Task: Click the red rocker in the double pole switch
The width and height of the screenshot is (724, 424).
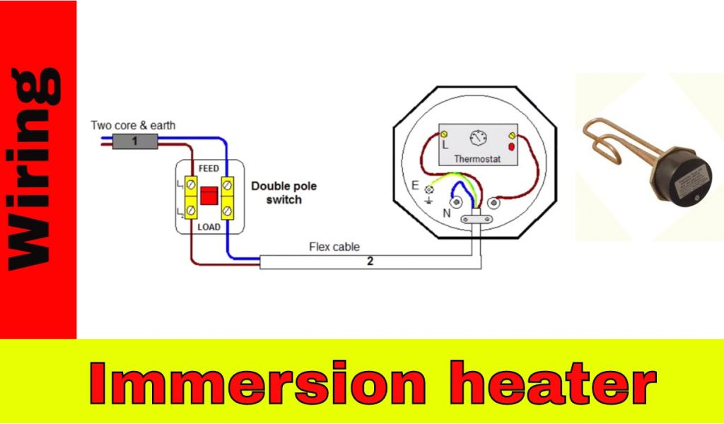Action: pyautogui.click(x=209, y=196)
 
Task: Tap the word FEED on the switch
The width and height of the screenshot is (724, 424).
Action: pyautogui.click(x=209, y=168)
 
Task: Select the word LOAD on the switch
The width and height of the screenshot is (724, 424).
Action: pyautogui.click(x=209, y=227)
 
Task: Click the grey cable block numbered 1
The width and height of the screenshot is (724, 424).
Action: pyautogui.click(x=134, y=141)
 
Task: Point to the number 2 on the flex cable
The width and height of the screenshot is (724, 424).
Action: pyautogui.click(x=370, y=262)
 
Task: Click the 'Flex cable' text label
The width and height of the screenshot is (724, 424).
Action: pyautogui.click(x=334, y=247)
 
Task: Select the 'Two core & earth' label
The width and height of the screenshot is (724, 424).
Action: pyautogui.click(x=133, y=125)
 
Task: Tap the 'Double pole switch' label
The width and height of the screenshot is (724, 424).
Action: pyautogui.click(x=284, y=193)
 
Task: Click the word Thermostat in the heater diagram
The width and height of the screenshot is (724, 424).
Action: pyautogui.click(x=477, y=159)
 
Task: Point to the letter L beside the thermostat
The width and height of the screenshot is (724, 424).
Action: pyautogui.click(x=446, y=144)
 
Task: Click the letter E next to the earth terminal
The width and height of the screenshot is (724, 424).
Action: pyautogui.click(x=415, y=186)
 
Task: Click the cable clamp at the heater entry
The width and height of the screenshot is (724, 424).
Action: pyautogui.click(x=475, y=220)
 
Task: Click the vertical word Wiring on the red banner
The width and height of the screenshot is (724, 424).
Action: pyautogui.click(x=35, y=170)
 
